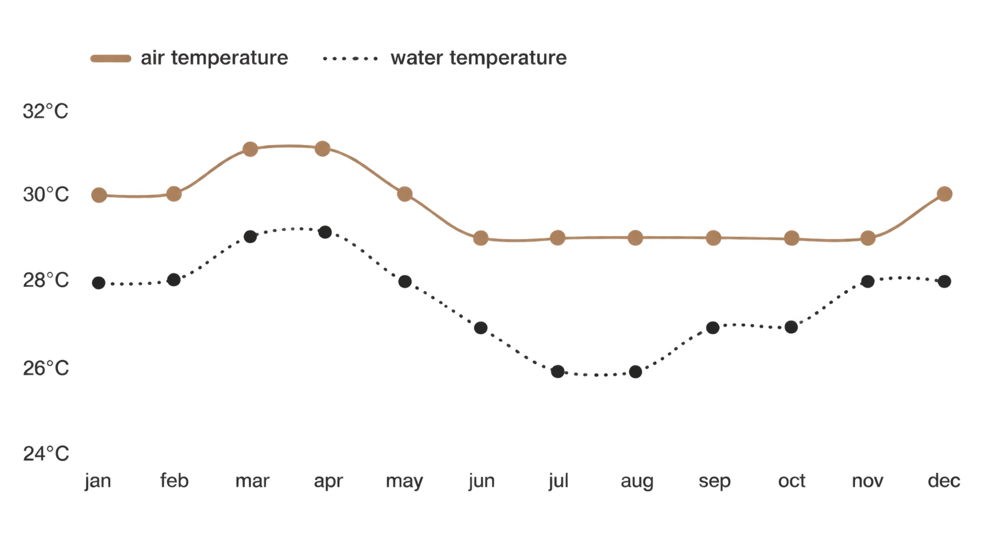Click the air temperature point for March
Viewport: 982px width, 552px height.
250,149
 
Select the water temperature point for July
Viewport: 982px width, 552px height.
557,372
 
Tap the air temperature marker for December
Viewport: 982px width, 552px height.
944,194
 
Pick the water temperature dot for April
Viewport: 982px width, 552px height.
325,232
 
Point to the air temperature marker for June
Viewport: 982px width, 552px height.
481,238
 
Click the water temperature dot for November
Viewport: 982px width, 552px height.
867,282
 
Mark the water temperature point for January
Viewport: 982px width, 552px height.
99,283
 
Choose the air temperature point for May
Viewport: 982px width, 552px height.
405,194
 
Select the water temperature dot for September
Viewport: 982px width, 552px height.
713,327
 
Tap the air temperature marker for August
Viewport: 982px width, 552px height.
635,238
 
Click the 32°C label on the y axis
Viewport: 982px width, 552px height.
46,111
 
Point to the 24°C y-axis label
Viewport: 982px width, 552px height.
46,453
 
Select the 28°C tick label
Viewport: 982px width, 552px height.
46,280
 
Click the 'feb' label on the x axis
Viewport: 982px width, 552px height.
174,480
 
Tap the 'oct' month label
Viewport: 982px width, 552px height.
792,481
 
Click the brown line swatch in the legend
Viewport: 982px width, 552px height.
111,59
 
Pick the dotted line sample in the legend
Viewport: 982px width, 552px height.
350,59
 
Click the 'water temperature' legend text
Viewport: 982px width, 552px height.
479,58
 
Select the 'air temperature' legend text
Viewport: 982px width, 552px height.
214,58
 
